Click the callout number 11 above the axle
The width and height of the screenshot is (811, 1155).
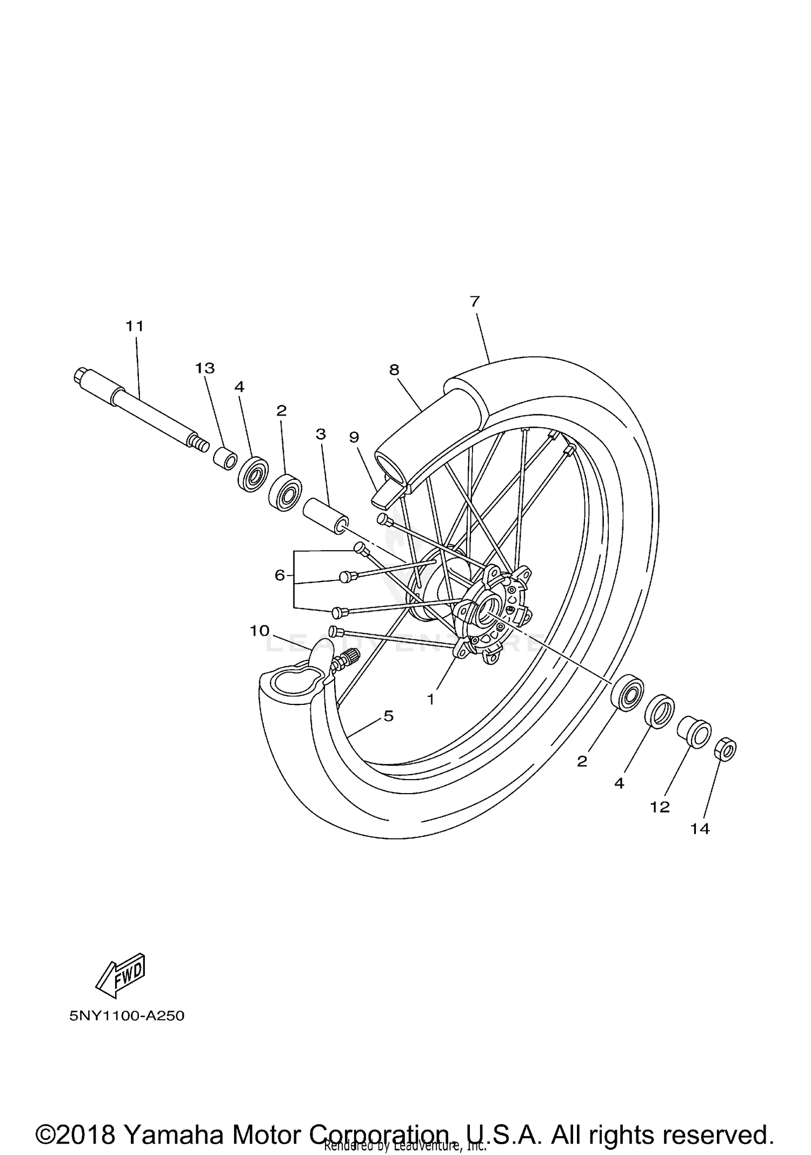(135, 326)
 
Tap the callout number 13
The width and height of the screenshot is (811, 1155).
(205, 368)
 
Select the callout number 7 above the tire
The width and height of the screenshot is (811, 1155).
(475, 301)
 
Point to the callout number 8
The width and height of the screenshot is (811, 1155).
(394, 370)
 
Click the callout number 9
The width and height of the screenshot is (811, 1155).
(354, 437)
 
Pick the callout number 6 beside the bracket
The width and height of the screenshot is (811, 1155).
(280, 575)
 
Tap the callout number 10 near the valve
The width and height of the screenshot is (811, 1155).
(260, 630)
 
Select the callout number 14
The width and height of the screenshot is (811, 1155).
(700, 829)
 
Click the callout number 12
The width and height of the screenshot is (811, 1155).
(660, 807)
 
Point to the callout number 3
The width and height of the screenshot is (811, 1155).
(321, 434)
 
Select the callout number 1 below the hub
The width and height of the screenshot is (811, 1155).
(430, 699)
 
